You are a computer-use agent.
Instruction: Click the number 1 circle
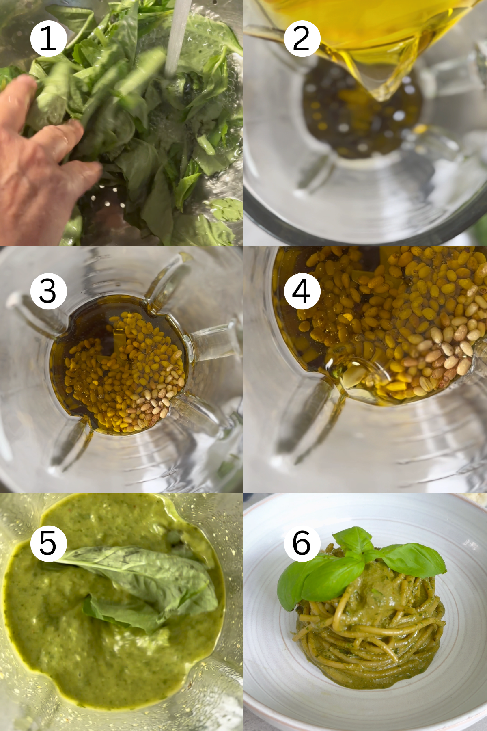coord(48,39)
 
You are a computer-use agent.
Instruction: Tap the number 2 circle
coord(302,39)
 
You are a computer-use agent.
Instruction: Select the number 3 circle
coord(48,291)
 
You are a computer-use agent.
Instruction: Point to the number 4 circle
coord(302,291)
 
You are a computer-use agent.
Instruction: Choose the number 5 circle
coord(48,543)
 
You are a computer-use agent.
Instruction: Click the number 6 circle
coord(302,543)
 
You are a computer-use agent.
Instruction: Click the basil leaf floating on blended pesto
coord(146,577)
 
